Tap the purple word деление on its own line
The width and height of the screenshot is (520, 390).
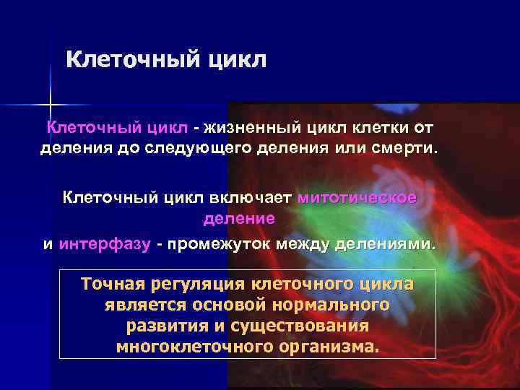[x=239, y=217]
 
